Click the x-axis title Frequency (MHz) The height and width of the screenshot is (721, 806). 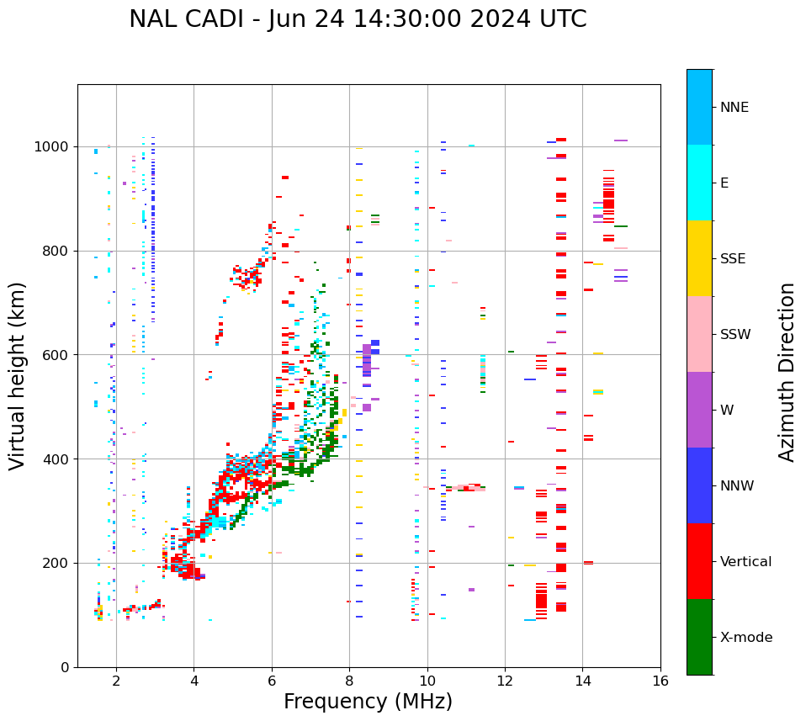click(368, 702)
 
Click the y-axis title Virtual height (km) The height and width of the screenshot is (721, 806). click(18, 375)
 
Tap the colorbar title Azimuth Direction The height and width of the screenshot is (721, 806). click(787, 372)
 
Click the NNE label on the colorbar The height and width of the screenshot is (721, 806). click(734, 108)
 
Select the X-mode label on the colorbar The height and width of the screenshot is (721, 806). click(746, 638)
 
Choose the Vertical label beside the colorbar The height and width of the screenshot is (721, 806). click(745, 562)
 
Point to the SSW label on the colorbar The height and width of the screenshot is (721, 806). click(735, 335)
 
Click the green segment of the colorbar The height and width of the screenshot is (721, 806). click(699, 637)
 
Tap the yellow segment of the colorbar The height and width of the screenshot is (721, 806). click(699, 258)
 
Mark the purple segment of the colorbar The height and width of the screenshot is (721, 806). click(699, 410)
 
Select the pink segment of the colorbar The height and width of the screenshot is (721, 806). click(699, 334)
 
